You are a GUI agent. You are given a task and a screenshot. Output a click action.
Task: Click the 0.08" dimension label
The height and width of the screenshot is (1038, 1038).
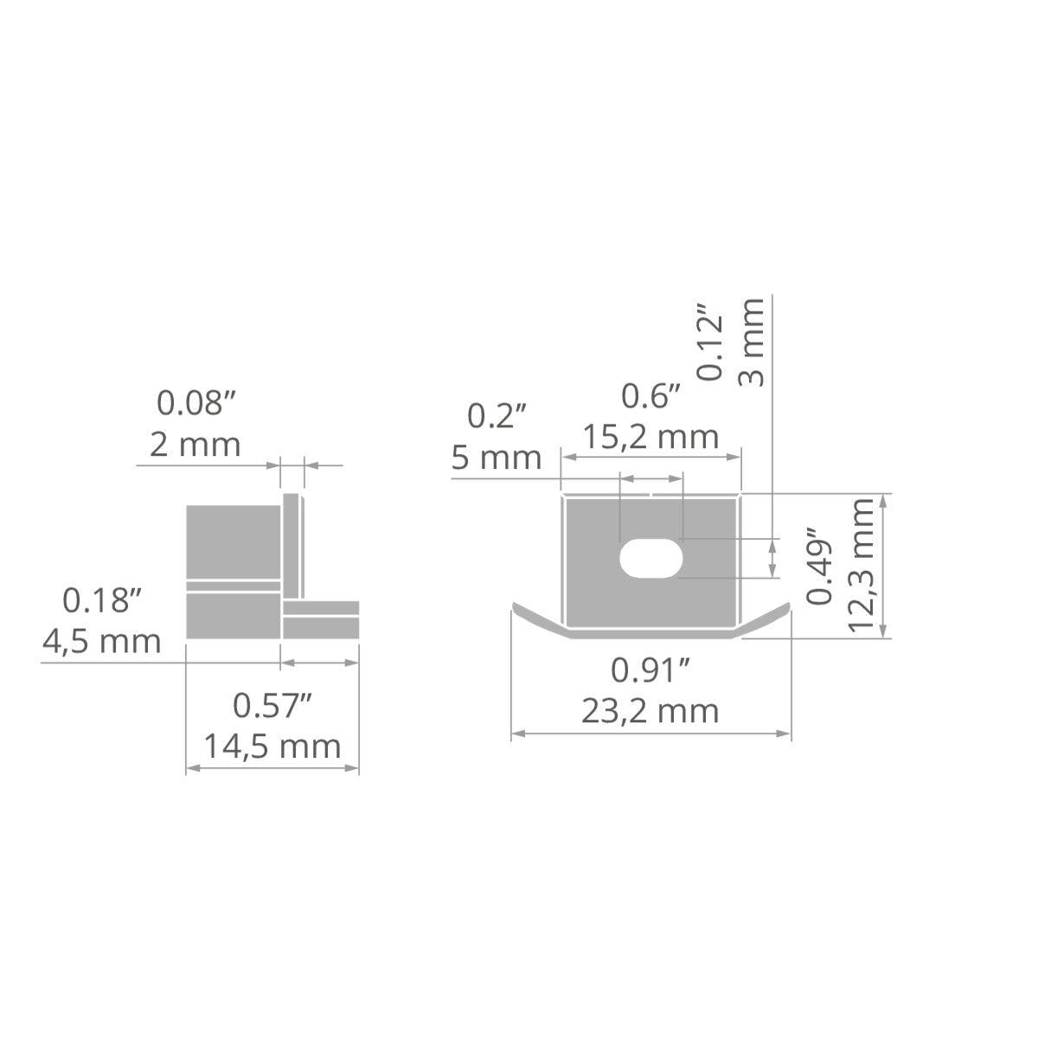point(196,403)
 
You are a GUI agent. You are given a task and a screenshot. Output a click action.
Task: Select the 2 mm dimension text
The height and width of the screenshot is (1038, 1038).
point(195,445)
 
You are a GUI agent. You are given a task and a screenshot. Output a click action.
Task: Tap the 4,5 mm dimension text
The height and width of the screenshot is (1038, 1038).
point(102,642)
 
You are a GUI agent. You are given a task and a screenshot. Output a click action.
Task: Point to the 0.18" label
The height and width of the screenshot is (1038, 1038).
point(102,600)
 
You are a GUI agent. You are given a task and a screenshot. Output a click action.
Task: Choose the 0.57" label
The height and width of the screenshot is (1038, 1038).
point(272,705)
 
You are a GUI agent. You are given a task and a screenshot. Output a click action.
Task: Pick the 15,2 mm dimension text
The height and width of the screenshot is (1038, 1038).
point(651,436)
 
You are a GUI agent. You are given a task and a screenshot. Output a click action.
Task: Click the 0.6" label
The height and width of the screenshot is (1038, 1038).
point(651,396)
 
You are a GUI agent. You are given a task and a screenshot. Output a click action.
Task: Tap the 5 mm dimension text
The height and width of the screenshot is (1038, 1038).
point(497,458)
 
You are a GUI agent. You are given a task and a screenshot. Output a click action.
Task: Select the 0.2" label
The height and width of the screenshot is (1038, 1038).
point(497,416)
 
